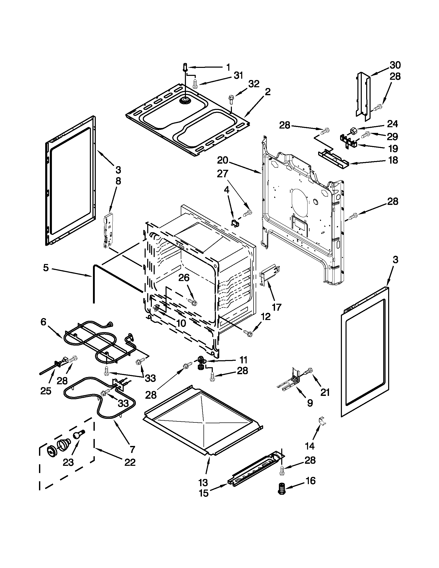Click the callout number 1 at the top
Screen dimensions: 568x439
coord(228,67)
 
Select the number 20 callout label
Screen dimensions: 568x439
coord(223,160)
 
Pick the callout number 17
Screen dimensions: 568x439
coord(276,307)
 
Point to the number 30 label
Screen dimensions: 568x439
coord(395,65)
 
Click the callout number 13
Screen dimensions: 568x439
coord(203,483)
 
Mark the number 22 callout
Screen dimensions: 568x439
coord(130,462)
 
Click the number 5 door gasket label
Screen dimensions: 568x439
coord(46,268)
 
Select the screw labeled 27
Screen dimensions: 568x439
coord(248,213)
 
